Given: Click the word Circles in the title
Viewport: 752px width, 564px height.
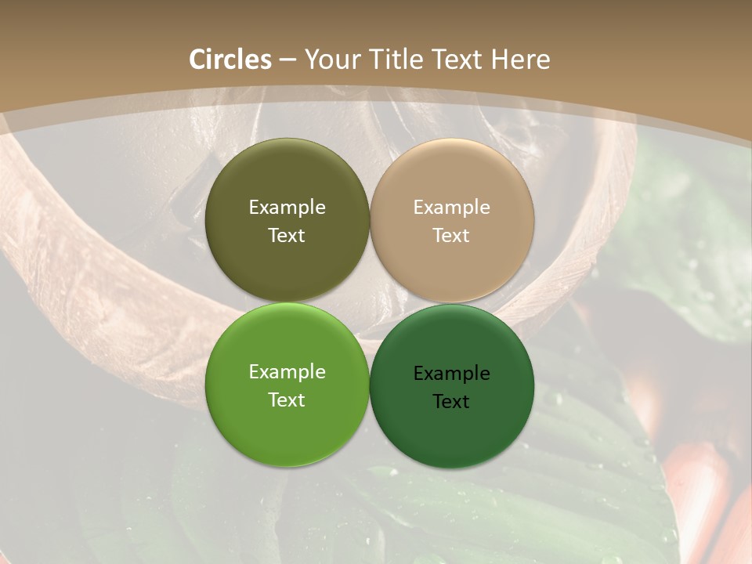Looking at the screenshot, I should pos(230,60).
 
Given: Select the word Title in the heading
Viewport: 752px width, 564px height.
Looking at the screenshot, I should pos(399,60).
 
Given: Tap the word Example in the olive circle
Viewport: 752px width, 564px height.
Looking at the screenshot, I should pos(287,207).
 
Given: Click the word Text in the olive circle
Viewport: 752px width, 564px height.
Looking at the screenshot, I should pos(287,235).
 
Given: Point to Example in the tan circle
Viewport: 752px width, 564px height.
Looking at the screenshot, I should pos(451,207).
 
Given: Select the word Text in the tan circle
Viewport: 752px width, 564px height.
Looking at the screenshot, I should pos(451,235).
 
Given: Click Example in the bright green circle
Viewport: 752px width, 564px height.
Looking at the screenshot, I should pos(287,371).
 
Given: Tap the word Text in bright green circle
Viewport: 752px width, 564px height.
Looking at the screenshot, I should pos(287,399).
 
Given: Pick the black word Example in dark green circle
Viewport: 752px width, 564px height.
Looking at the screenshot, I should pos(451,373).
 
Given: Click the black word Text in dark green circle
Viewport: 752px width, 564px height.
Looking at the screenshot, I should pos(451,401).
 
